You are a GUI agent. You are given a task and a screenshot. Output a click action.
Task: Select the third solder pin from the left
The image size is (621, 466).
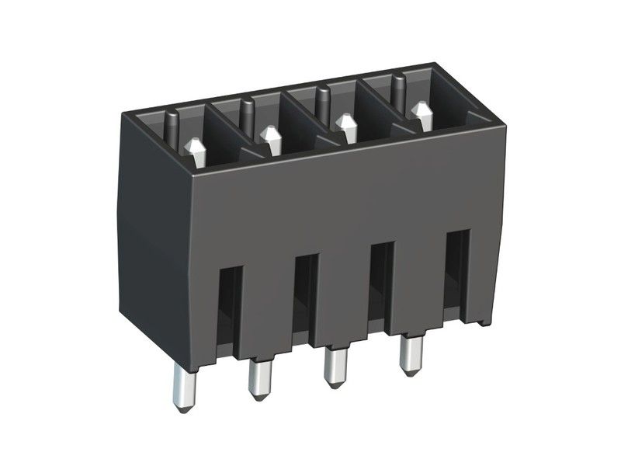[x=335, y=369]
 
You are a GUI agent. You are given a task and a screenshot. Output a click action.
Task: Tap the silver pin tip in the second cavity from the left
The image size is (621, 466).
[x=271, y=140]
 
